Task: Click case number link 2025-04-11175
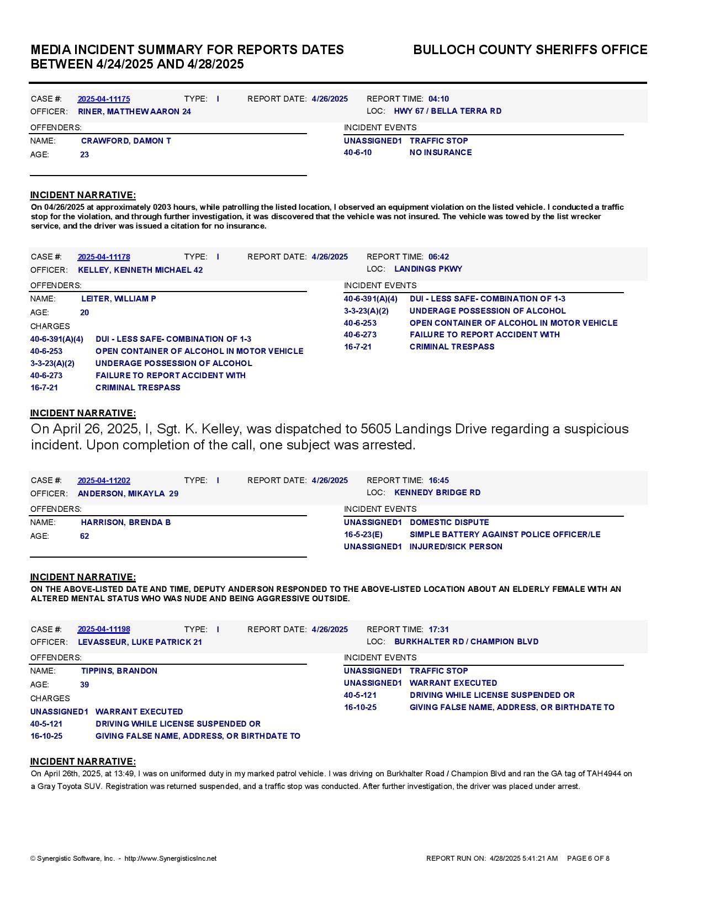[x=104, y=99]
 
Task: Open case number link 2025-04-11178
[x=104, y=257]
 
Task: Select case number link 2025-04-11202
[x=104, y=480]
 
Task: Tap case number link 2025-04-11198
[x=104, y=629]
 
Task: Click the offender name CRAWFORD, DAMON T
[x=126, y=141]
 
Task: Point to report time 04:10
[x=438, y=99]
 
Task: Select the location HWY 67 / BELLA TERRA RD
[x=447, y=111]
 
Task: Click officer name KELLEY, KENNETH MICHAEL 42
[x=140, y=270]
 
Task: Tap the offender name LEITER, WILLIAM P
[x=118, y=299]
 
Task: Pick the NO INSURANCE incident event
[x=440, y=152]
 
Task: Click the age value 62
[x=84, y=536]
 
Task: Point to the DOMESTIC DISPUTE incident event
[x=449, y=522]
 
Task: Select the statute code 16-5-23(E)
[x=363, y=534]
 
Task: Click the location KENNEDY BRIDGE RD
[x=437, y=492]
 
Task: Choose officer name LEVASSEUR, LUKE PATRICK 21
[x=140, y=642]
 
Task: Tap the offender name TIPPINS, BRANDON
[x=119, y=671]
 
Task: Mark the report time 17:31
[x=438, y=629]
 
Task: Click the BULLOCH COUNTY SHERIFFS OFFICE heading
[x=530, y=50]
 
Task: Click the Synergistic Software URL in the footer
[x=170, y=859]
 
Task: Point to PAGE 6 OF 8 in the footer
[x=588, y=859]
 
